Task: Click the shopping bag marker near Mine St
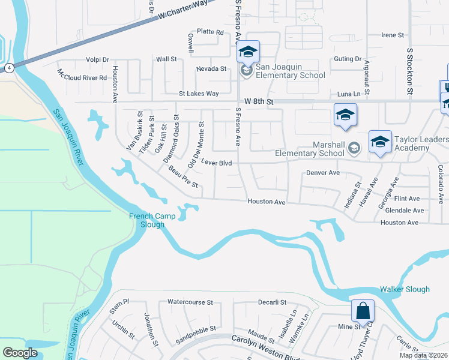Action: [x=363, y=311]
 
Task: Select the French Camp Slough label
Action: [x=147, y=220]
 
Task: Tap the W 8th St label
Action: [x=259, y=102]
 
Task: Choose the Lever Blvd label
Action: [x=216, y=163]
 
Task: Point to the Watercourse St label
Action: [x=190, y=302]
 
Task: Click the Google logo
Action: [x=20, y=352]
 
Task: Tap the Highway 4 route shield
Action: [x=10, y=68]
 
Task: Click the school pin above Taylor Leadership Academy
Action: [x=380, y=142]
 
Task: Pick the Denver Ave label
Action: [x=323, y=173]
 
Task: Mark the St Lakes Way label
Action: [x=199, y=94]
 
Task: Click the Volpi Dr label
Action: [x=97, y=60]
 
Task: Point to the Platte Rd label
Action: [x=210, y=32]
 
